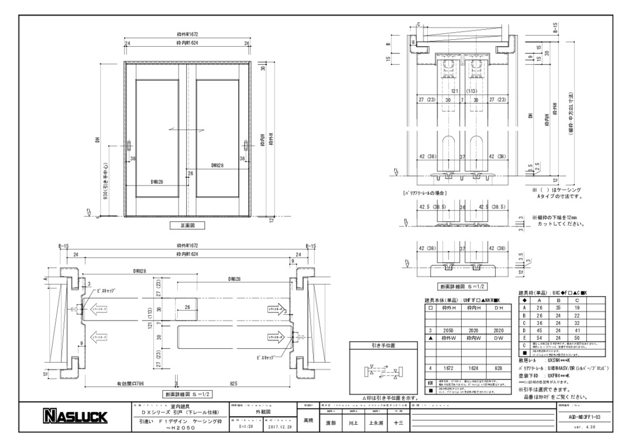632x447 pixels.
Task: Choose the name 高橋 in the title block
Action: (309, 420)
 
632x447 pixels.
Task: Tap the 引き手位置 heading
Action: (383, 345)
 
